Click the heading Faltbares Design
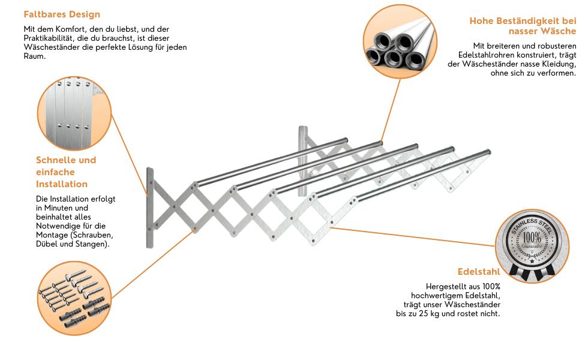62,14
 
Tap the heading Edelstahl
478,271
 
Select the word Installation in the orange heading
62,184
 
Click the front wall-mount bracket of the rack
149,208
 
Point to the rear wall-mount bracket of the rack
302,157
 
